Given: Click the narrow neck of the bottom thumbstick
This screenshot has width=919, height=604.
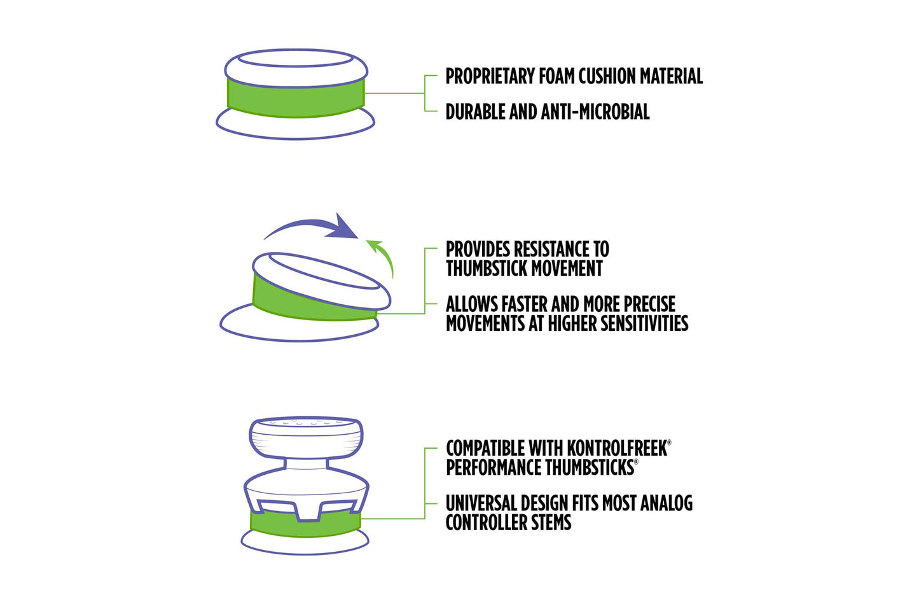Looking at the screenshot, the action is (307, 465).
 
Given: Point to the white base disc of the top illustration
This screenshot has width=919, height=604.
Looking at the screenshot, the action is (295, 127).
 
